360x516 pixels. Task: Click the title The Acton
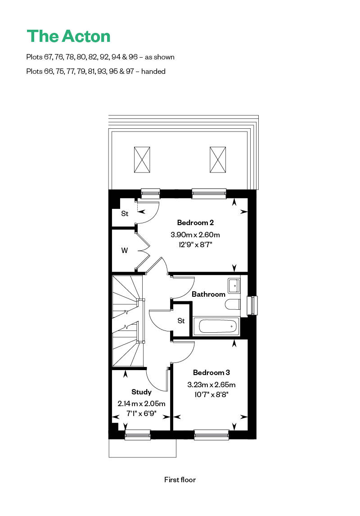pos(68,36)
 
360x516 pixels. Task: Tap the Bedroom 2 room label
pos(195,222)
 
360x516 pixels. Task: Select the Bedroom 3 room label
pos(211,372)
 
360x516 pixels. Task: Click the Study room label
pos(141,392)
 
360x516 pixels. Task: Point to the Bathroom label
pos(208,294)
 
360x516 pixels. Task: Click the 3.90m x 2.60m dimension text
pos(195,235)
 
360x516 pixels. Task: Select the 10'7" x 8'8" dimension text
pos(211,394)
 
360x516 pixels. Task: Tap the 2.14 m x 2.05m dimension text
pos(141,403)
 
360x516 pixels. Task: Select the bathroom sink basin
pos(234,285)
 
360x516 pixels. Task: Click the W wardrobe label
pos(125,251)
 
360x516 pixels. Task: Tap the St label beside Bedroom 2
pos(125,213)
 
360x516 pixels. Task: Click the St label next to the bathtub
pos(181,321)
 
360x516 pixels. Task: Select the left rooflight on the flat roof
pos(142,159)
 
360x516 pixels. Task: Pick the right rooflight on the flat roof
pos(217,159)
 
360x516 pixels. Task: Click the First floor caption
pos(180,480)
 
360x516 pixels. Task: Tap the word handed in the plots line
pos(153,71)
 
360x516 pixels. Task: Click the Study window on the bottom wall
pos(137,434)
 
